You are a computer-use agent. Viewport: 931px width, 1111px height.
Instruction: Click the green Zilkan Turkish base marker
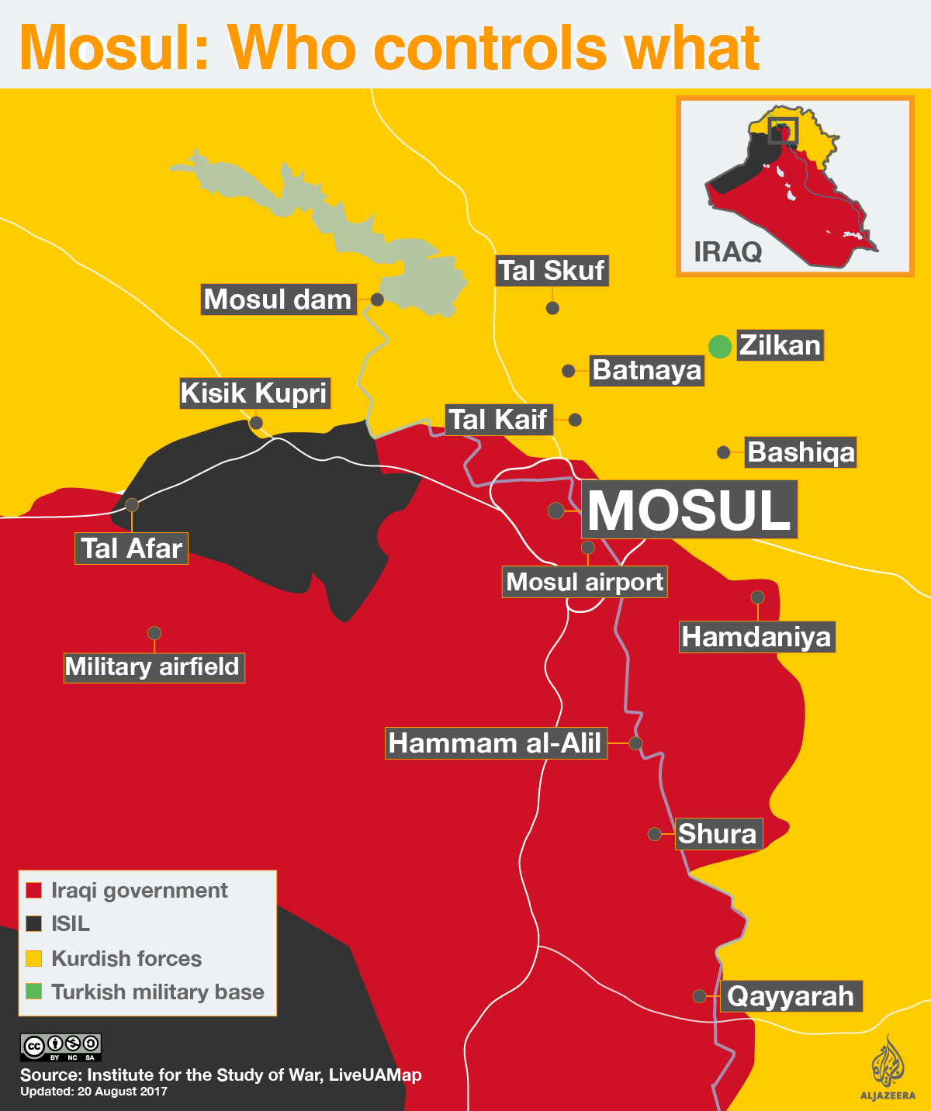[720, 346]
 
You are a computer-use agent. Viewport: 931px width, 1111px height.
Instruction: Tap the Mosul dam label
[279, 299]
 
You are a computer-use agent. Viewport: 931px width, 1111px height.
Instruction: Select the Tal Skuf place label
[552, 271]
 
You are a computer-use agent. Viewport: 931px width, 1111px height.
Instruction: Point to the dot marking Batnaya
[569, 371]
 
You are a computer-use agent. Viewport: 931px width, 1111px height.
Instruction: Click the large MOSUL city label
[689, 510]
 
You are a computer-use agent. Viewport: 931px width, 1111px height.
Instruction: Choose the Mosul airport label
[585, 582]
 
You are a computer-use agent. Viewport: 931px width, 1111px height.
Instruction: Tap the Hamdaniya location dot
[758, 597]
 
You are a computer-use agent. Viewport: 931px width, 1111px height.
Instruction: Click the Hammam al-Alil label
[495, 742]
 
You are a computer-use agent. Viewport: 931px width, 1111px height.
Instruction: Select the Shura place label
[718, 834]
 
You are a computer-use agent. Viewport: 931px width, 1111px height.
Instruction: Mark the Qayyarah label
[791, 996]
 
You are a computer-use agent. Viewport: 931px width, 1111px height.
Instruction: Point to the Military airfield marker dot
[154, 633]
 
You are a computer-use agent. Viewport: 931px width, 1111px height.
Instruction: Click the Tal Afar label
[131, 549]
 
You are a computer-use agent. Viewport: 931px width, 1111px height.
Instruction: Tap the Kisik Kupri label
[254, 393]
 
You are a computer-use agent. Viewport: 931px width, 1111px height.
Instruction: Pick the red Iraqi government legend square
[33, 890]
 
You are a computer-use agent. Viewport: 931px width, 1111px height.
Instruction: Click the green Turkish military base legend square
[33, 991]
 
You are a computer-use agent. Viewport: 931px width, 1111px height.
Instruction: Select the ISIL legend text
[71, 924]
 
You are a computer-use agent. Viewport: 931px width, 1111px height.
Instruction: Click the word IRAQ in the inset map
[727, 251]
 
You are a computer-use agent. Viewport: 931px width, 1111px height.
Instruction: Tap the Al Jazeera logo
[888, 1067]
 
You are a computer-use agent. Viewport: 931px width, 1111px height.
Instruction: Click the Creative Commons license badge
[61, 1047]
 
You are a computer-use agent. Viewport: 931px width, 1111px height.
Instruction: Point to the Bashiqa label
[801, 452]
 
